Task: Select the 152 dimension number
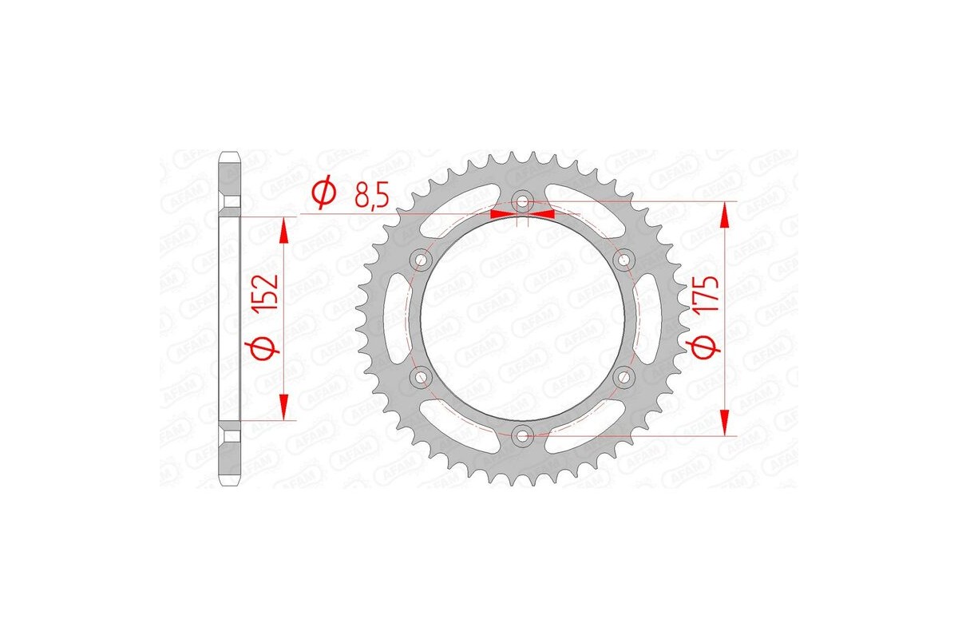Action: (268, 296)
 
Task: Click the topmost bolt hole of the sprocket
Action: (523, 201)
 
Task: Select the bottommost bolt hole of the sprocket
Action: (523, 435)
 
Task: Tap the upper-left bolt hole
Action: (422, 260)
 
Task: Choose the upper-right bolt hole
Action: (624, 260)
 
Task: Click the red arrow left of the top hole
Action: (503, 214)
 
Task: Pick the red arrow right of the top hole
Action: (542, 214)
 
